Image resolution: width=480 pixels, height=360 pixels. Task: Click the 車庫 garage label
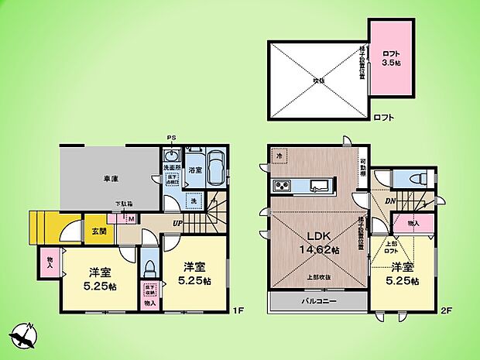click(110, 178)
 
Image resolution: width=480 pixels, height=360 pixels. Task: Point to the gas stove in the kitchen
click(280, 186)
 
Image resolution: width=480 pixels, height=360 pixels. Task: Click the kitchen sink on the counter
click(319, 185)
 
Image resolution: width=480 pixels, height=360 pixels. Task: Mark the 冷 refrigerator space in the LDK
click(278, 157)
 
